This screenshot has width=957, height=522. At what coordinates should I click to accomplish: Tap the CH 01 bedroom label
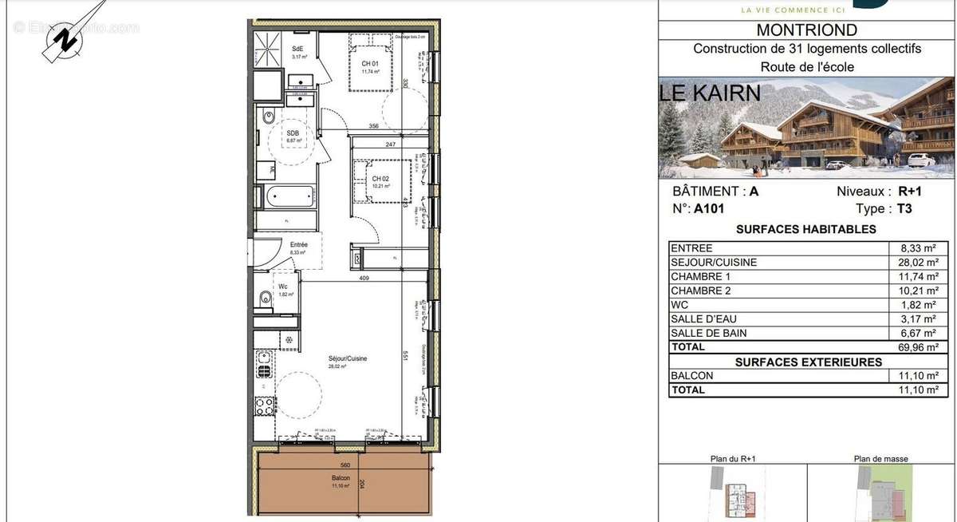pyautogui.click(x=369, y=63)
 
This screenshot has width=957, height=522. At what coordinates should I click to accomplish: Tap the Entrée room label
pyautogui.click(x=298, y=245)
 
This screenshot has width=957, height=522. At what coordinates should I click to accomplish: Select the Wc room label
pyautogui.click(x=283, y=287)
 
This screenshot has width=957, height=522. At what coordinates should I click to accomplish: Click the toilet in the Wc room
pyautogui.click(x=265, y=299)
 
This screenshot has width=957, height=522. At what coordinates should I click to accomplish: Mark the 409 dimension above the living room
pyautogui.click(x=364, y=279)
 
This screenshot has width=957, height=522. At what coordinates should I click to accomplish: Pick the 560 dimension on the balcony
pyautogui.click(x=345, y=465)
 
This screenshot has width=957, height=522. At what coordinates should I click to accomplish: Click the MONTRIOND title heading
pyautogui.click(x=806, y=30)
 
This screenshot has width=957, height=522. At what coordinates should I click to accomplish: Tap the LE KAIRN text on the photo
pyautogui.click(x=709, y=93)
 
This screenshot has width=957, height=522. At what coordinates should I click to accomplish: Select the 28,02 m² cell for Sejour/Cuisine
pyautogui.click(x=918, y=263)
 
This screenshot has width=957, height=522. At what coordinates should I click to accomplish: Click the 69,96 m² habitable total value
pyautogui.click(x=918, y=347)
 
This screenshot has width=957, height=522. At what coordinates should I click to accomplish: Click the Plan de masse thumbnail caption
pyautogui.click(x=881, y=459)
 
